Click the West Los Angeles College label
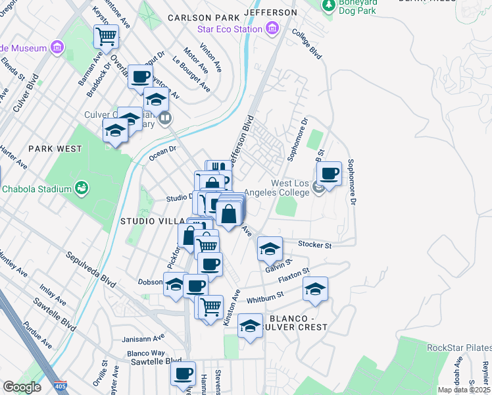point(291,188)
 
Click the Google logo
point(22,387)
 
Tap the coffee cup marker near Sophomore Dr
point(329,174)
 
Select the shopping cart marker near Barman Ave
point(106,38)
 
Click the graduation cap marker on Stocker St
point(270,249)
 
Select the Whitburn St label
point(266,298)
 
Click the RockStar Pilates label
point(458,348)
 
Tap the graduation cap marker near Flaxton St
point(315,290)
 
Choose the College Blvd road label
point(307,44)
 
